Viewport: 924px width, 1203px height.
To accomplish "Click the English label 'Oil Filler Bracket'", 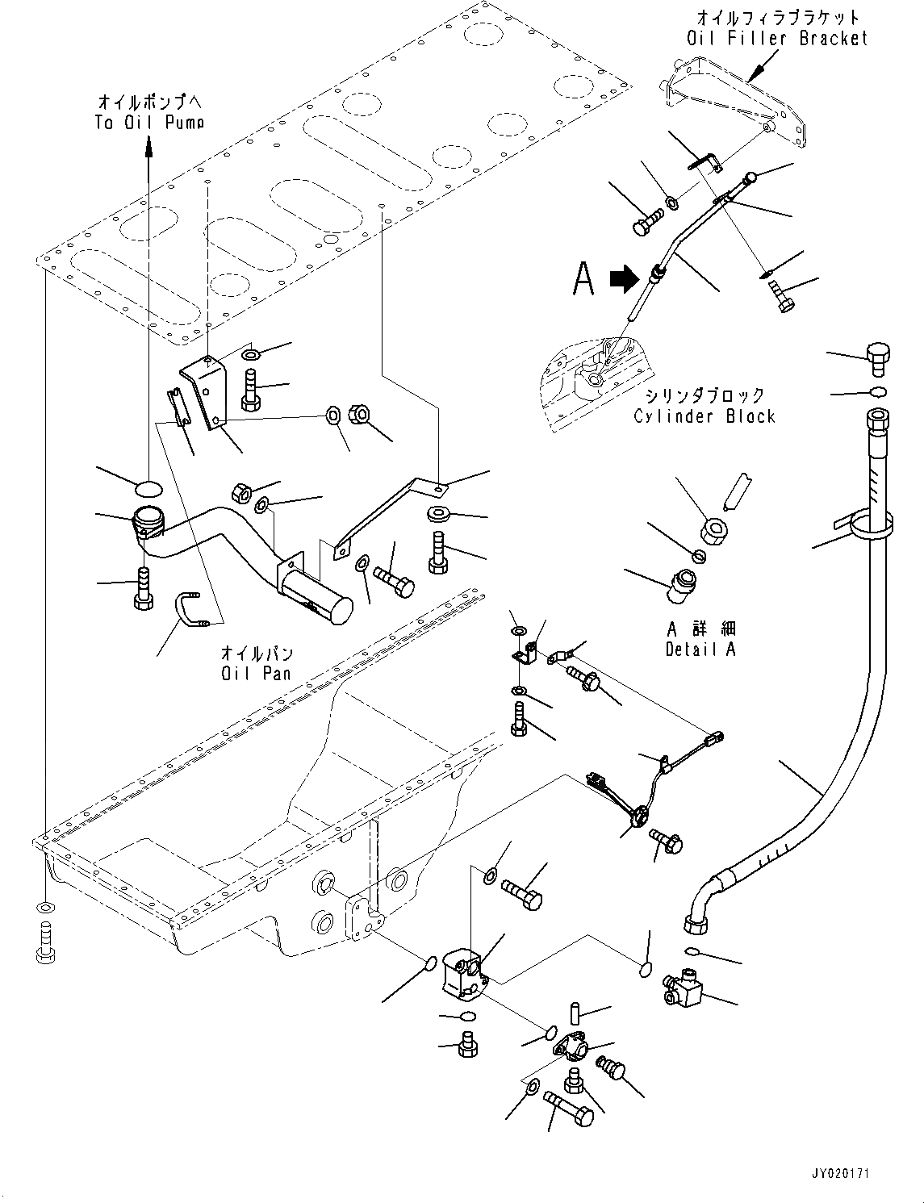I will [x=776, y=38].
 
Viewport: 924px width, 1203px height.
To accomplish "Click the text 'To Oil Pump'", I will [x=149, y=122].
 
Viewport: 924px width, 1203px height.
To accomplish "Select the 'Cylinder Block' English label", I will [x=704, y=416].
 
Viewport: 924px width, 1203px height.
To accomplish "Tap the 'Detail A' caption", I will [x=700, y=649].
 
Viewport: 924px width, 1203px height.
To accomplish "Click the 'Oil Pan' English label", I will [x=257, y=672].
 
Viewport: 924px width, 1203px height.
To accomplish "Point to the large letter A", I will [x=583, y=279].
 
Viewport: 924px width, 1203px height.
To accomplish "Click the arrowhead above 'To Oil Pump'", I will [x=148, y=145].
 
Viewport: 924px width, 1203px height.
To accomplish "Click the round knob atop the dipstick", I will [x=750, y=177].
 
